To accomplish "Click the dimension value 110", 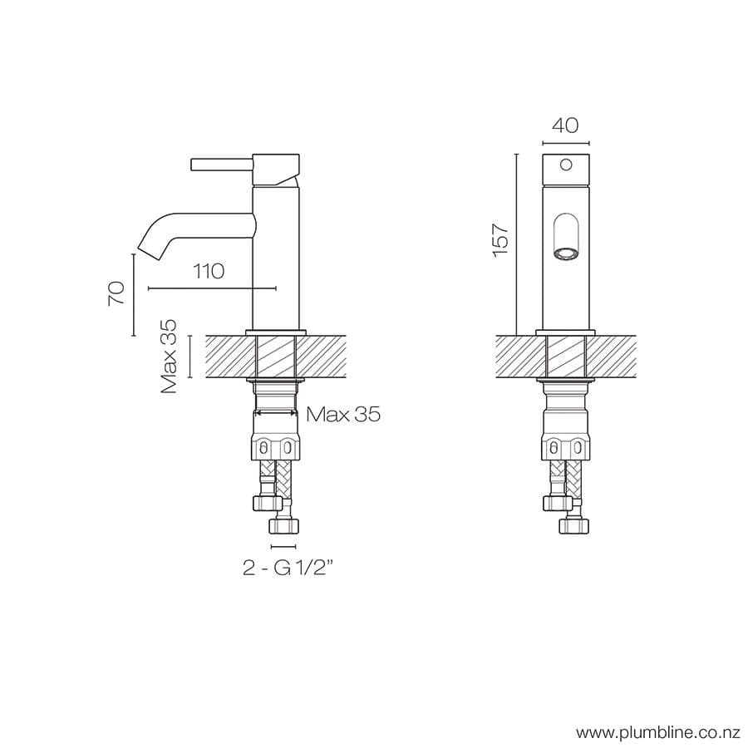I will point(209,272).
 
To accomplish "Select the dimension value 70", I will point(117,293).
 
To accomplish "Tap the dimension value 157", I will point(500,239).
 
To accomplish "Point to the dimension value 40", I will point(565,125).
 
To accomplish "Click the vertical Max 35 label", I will point(170,357).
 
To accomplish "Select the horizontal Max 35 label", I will point(343,414).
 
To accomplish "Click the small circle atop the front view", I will point(566,165).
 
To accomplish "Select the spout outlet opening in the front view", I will point(566,253).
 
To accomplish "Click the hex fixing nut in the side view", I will point(276,449).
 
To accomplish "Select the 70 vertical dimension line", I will point(133,295).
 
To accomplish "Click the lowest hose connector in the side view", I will point(283,525).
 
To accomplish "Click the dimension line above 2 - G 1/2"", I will point(283,546).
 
